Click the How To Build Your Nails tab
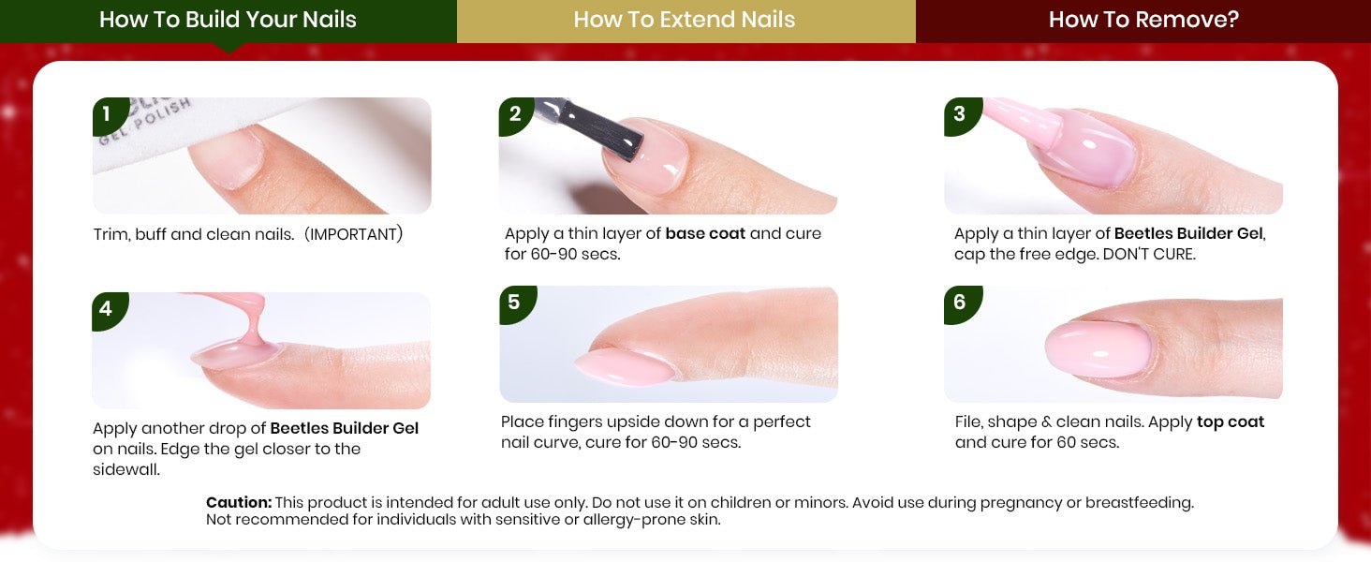[x=228, y=21]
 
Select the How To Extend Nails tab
[x=685, y=21]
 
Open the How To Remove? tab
[x=1143, y=21]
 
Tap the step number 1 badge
[x=109, y=115]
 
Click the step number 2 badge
[x=515, y=115]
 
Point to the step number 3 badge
[x=961, y=115]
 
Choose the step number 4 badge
[x=108, y=310]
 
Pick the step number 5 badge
[x=515, y=303]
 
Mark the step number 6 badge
[x=961, y=303]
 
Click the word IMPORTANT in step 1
[x=354, y=234]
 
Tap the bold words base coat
[x=705, y=234]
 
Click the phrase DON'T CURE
[x=1149, y=254]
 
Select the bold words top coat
[x=1231, y=422]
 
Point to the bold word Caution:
[x=239, y=503]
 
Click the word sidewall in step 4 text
[x=125, y=470]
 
